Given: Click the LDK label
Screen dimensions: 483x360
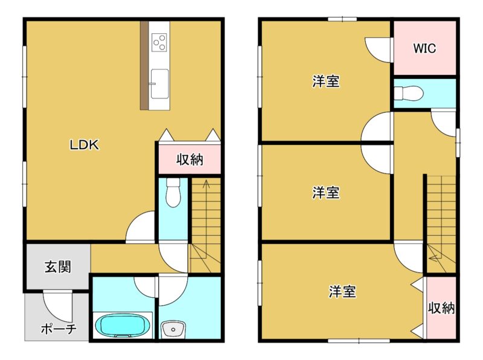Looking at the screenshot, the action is (85, 144).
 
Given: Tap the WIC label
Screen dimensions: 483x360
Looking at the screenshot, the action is (424, 48).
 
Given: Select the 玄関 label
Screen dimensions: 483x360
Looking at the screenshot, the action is (58, 266).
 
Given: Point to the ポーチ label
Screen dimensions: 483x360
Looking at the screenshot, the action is (59, 329).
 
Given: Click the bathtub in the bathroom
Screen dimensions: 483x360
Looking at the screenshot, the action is (123, 326).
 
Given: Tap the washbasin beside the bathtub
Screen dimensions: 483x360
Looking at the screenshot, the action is (173, 329).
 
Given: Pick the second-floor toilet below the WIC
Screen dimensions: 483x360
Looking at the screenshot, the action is (409, 93).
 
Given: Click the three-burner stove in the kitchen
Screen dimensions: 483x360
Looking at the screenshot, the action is (159, 42).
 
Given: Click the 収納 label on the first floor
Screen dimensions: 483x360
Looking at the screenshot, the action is (190, 159).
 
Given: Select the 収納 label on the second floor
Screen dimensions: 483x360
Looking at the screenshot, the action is (441, 307).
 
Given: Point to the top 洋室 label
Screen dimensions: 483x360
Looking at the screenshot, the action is (326, 82).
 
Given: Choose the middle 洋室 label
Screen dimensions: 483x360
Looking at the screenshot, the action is (326, 192).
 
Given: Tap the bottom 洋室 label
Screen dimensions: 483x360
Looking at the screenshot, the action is (342, 291).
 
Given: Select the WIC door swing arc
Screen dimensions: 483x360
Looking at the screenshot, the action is (373, 53).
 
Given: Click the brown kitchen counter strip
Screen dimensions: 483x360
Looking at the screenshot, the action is (144, 65).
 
